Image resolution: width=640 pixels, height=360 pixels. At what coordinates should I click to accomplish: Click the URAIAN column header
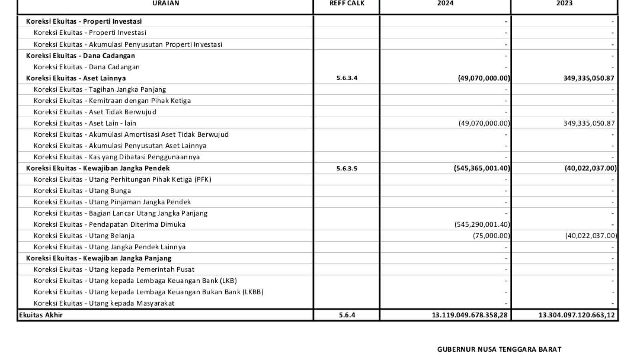[166, 3]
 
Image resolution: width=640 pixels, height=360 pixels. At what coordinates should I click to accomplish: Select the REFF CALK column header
[346, 3]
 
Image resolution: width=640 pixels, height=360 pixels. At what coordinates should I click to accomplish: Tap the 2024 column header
[445, 3]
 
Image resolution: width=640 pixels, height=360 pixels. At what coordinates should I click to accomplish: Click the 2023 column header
[564, 3]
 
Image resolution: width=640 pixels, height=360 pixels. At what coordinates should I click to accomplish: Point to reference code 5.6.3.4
[347, 78]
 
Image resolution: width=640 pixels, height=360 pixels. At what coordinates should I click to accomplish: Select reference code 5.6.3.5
[347, 168]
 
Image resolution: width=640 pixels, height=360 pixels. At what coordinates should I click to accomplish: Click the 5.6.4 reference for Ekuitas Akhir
[347, 315]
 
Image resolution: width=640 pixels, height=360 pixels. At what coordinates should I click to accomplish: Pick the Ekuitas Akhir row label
[41, 315]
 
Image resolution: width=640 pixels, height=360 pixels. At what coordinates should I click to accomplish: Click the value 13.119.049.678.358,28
[470, 315]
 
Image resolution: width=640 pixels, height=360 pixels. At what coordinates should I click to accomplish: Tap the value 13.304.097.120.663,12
[576, 315]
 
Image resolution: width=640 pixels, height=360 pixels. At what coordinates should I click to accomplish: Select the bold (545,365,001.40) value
[482, 168]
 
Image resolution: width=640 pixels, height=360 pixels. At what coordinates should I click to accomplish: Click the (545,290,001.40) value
[482, 224]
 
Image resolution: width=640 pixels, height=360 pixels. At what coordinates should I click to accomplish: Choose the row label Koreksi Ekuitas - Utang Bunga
[82, 191]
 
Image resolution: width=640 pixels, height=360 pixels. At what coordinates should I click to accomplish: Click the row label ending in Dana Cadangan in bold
[80, 56]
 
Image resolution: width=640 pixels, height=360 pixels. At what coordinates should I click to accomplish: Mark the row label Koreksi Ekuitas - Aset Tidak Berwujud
[95, 112]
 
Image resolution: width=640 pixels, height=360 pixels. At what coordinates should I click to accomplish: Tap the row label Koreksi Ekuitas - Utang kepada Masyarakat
[104, 303]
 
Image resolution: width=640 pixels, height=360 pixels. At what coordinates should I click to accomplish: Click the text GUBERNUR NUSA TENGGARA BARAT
[499, 349]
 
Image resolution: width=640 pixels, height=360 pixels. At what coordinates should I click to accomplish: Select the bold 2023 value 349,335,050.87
[588, 78]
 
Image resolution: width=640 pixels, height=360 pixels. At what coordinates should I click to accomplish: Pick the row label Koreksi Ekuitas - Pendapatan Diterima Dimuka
[110, 224]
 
